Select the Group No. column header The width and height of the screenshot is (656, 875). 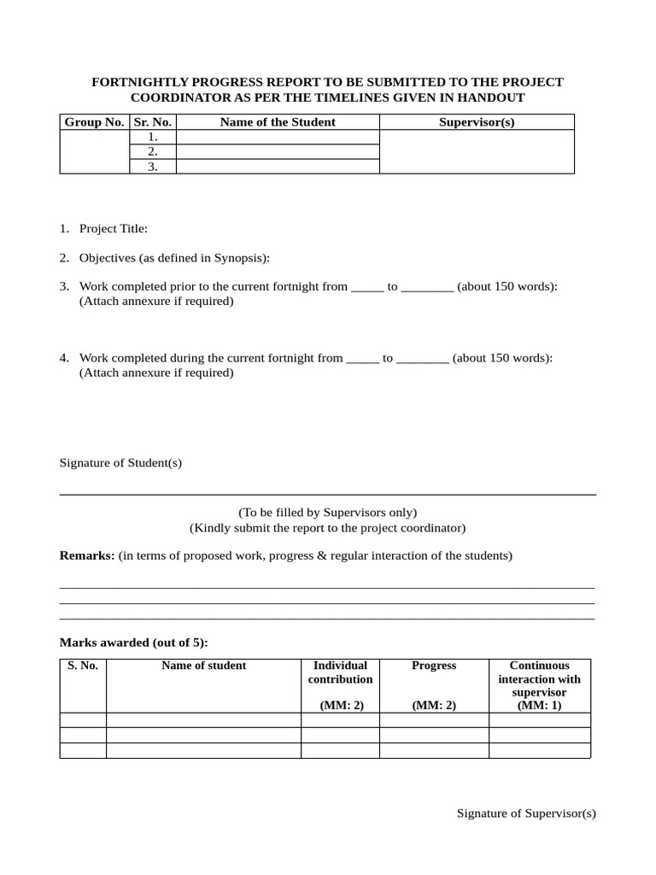[x=94, y=122]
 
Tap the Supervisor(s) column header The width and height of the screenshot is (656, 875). [x=477, y=122]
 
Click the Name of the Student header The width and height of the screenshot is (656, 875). [x=278, y=122]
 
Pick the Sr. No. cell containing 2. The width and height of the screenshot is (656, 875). [x=153, y=152]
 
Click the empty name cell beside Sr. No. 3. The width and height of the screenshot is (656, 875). [x=278, y=167]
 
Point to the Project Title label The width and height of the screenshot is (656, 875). [x=114, y=229]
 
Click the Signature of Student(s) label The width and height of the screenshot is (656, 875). [x=120, y=463]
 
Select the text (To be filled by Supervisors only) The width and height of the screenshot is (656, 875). [x=328, y=513]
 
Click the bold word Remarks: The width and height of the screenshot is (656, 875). [x=87, y=555]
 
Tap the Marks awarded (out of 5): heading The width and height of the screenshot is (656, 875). [x=133, y=643]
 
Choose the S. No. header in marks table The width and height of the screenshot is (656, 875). [x=83, y=666]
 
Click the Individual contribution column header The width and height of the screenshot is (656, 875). [x=340, y=672]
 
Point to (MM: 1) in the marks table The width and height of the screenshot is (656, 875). [x=539, y=706]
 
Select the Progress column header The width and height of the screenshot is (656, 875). [x=434, y=666]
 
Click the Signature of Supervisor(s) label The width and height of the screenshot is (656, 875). [x=526, y=813]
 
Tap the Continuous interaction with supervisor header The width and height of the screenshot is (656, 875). [x=539, y=678]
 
